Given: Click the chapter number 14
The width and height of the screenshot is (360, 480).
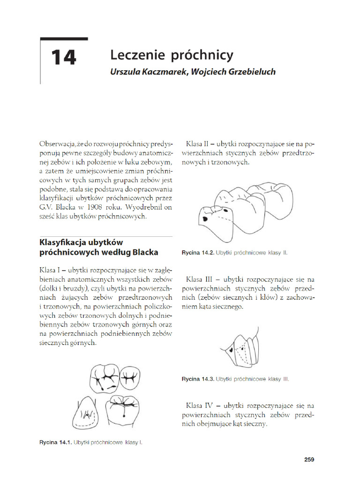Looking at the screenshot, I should tap(63, 58).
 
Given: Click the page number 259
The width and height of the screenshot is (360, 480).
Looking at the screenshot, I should tap(308, 459).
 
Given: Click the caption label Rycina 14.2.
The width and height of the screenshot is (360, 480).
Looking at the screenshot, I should tap(198, 253).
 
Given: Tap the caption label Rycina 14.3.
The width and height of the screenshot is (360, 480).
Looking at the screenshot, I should tap(198, 379).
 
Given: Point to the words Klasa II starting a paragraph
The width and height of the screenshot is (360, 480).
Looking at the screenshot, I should tap(198, 143).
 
